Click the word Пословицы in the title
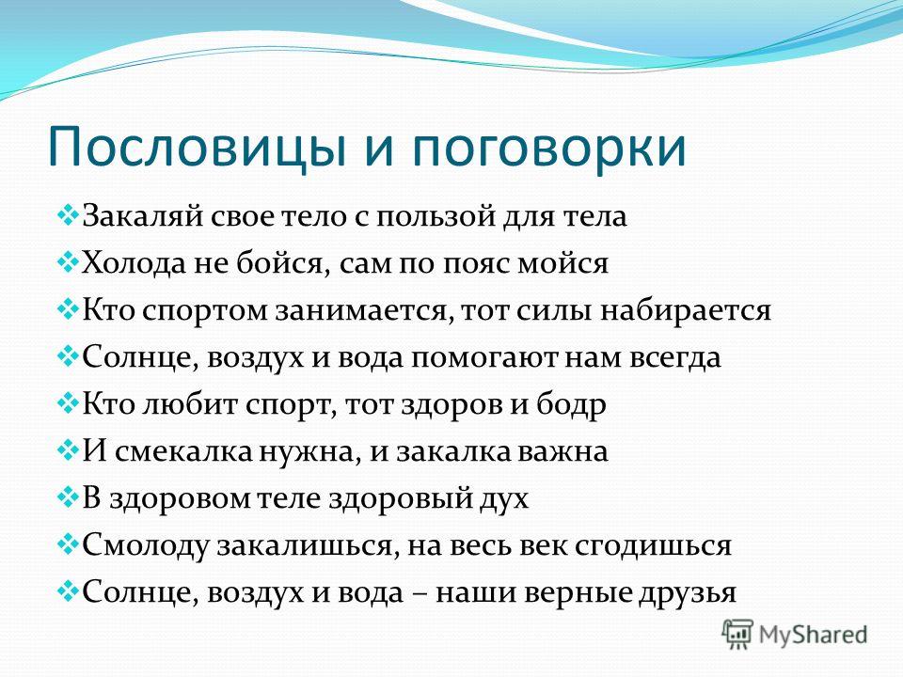[x=198, y=149]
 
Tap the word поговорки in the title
[x=549, y=147]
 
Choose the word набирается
[x=686, y=311]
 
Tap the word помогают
[x=484, y=359]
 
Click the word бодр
[x=571, y=404]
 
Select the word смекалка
[x=183, y=452]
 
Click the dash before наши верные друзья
[x=419, y=594]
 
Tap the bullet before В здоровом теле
[x=68, y=497]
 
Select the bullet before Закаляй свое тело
[x=68, y=216]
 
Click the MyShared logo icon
[x=737, y=635]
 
